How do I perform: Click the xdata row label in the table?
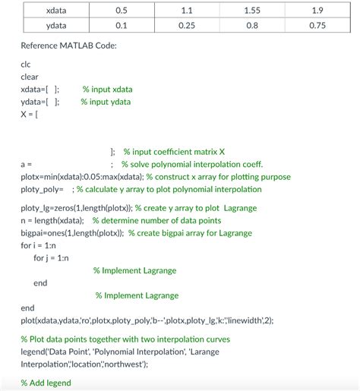pyautogui.click(x=55, y=11)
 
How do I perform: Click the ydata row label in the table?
pyautogui.click(x=55, y=25)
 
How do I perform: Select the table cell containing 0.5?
pyautogui.click(x=121, y=11)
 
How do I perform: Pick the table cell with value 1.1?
pyautogui.click(x=187, y=11)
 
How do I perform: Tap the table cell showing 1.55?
pyautogui.click(x=252, y=11)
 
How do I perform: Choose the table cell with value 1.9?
pyautogui.click(x=317, y=11)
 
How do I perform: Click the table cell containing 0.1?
pyautogui.click(x=121, y=25)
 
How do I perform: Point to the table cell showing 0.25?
pyautogui.click(x=187, y=25)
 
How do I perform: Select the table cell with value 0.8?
pyautogui.click(x=252, y=25)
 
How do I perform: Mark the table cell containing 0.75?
pyautogui.click(x=317, y=25)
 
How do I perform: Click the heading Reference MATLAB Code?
pyautogui.click(x=68, y=46)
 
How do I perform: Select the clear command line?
pyautogui.click(x=30, y=77)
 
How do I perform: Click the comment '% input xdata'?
pyautogui.click(x=107, y=90)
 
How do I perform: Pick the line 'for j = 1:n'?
pyautogui.click(x=51, y=258)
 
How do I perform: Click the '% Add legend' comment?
pyautogui.click(x=46, y=383)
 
